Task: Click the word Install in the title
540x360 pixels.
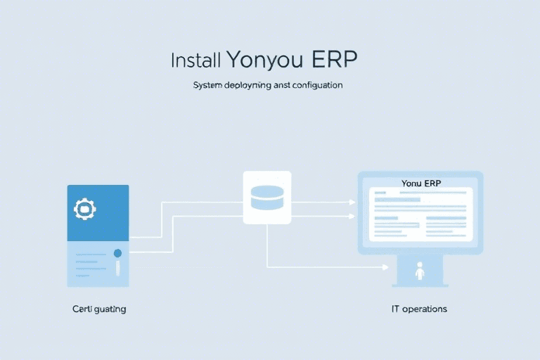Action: click(196, 60)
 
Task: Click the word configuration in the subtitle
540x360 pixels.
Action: click(315, 85)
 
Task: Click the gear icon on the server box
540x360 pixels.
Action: click(84, 208)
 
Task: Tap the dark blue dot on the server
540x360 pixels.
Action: click(117, 252)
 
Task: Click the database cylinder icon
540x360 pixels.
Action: click(266, 197)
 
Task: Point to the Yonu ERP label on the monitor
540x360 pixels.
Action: click(420, 184)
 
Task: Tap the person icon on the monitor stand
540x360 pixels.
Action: click(420, 271)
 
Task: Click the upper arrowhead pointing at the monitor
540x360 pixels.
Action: click(352, 202)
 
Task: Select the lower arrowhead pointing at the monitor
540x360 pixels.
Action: click(352, 217)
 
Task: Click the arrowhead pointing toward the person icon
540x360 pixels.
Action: click(385, 267)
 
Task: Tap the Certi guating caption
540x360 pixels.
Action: click(99, 309)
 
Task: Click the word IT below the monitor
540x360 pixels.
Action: click(396, 309)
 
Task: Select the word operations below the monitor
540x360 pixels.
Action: click(426, 309)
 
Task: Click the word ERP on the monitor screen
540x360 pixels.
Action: click(432, 184)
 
